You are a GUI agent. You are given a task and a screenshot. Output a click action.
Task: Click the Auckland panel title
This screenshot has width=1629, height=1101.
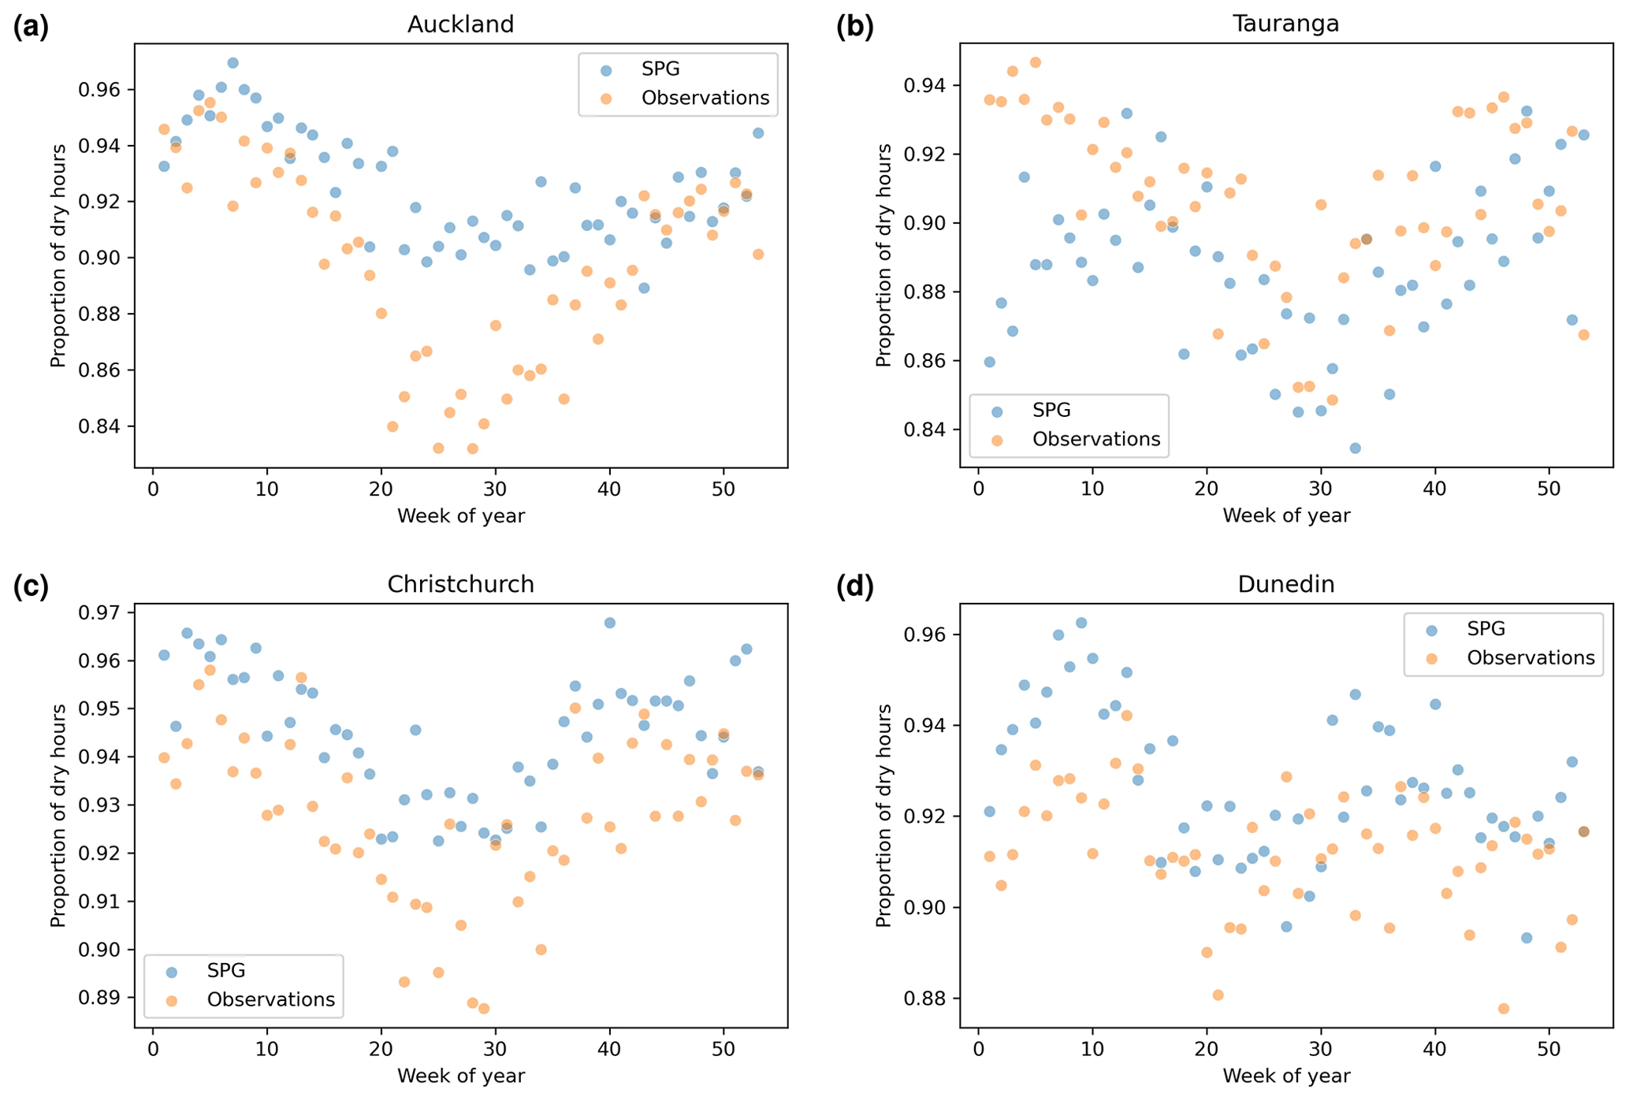pyautogui.click(x=460, y=24)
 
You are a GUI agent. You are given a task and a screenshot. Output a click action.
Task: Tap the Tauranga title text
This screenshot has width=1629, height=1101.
pyautogui.click(x=1285, y=24)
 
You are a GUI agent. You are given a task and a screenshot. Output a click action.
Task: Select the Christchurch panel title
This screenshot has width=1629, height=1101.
pyautogui.click(x=460, y=584)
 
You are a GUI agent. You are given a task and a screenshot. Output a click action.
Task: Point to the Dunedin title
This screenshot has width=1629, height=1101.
pyautogui.click(x=1285, y=584)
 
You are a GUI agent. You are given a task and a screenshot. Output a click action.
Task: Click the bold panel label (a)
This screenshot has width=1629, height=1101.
pyautogui.click(x=31, y=28)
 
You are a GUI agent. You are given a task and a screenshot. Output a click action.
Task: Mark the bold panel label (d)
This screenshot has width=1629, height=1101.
pyautogui.click(x=855, y=587)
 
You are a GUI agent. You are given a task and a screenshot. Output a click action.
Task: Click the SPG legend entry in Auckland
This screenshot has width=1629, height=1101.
pyautogui.click(x=660, y=69)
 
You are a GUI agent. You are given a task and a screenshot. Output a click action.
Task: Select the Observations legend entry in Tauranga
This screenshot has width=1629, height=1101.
pyautogui.click(x=1095, y=439)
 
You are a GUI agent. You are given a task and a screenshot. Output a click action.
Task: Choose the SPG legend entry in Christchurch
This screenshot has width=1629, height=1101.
pyautogui.click(x=225, y=970)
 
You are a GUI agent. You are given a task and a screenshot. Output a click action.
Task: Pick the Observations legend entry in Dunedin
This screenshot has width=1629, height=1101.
pyautogui.click(x=1530, y=658)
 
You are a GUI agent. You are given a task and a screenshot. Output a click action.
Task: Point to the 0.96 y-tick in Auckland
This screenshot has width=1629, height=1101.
pyautogui.click(x=99, y=90)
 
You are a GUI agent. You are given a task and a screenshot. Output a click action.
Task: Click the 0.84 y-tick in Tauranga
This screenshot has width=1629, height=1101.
pyautogui.click(x=925, y=430)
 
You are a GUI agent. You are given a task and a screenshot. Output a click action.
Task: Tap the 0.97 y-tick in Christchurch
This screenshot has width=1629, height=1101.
pyautogui.click(x=99, y=612)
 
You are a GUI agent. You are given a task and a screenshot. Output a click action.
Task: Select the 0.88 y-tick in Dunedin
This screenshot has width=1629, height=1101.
pyautogui.click(x=925, y=999)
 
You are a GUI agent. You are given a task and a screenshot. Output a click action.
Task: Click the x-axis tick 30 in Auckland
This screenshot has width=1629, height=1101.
pyautogui.click(x=495, y=488)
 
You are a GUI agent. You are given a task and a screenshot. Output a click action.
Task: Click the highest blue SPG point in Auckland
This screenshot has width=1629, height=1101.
pyautogui.click(x=232, y=63)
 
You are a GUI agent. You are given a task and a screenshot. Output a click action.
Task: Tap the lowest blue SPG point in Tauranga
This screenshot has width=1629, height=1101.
pyautogui.click(x=1355, y=448)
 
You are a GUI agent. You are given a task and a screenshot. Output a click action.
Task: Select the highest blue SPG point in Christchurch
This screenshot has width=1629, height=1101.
pyautogui.click(x=609, y=623)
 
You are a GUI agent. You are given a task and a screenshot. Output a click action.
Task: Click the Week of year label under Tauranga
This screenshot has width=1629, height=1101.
pyautogui.click(x=1285, y=516)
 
